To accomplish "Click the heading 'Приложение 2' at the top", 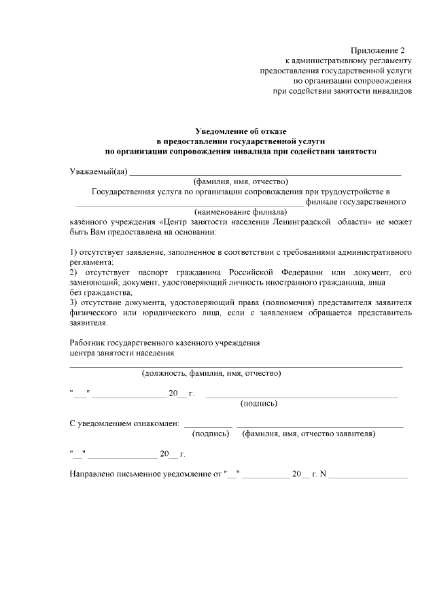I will [377, 50].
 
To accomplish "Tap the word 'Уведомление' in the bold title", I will [222, 130].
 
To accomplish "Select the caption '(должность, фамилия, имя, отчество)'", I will [211, 373].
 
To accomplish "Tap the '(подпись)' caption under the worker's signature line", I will [259, 403].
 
